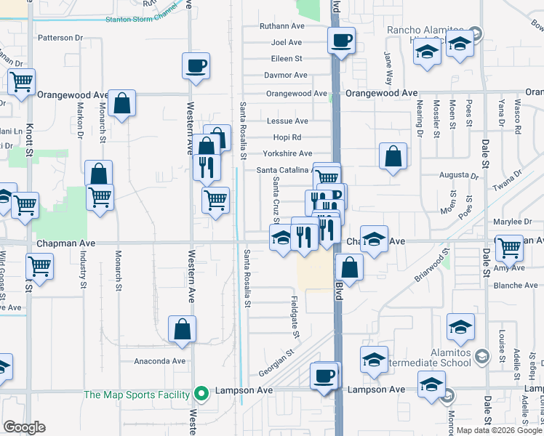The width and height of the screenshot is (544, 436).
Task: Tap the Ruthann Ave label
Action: click(282, 26)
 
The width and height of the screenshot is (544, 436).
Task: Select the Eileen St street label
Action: click(287, 58)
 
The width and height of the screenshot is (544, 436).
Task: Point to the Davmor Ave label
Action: click(286, 75)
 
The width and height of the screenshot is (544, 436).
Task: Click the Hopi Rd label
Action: click(287, 137)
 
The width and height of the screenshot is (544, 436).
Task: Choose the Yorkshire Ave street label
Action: click(287, 153)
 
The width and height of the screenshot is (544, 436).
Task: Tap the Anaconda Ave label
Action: click(159, 360)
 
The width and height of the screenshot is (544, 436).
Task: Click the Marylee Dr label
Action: click(513, 222)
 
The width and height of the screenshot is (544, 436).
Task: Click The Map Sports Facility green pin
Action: click(203, 395)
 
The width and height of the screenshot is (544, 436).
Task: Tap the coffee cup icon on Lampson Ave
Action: click(324, 376)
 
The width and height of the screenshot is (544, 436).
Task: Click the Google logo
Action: click(25, 427)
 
